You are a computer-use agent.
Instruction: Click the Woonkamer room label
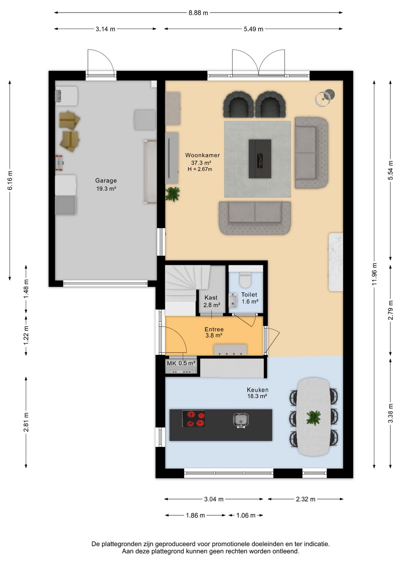coord(202,156)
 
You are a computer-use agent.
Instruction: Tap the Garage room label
coord(106,181)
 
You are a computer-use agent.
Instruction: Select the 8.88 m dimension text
coord(199,13)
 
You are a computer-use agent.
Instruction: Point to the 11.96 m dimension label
coord(374,274)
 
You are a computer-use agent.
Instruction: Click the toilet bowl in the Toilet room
coord(245,280)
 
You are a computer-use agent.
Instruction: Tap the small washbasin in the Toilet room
coord(233,300)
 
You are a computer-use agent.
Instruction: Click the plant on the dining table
coord(314,417)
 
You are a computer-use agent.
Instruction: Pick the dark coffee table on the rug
coord(260,159)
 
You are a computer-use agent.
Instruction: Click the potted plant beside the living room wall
coord(173,194)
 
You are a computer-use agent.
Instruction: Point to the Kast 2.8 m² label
coord(211,301)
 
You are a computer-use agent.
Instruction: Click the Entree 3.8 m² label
coord(214,332)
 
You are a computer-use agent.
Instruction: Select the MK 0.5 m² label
coord(181,363)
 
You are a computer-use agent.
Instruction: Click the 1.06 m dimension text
coord(246,515)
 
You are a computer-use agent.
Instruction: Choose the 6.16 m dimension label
coord(10,181)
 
